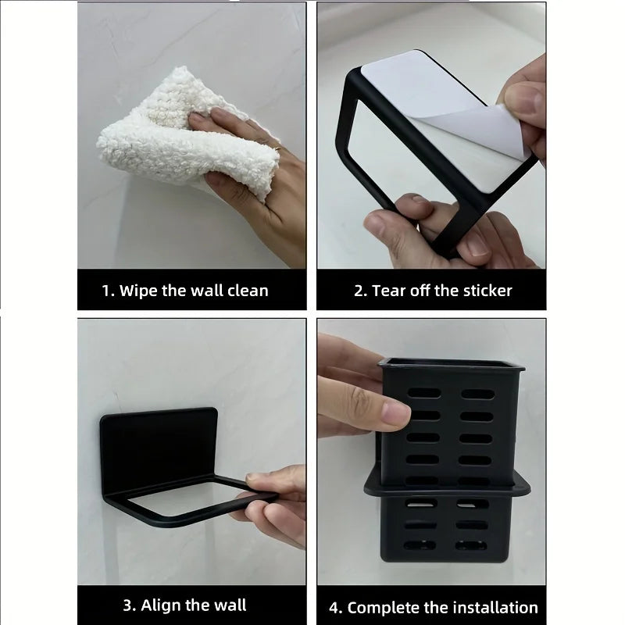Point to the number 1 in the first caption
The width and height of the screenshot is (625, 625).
pos(106,291)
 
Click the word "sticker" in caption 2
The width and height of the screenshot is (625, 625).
pos(484,291)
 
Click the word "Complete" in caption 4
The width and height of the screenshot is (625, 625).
pos(384,607)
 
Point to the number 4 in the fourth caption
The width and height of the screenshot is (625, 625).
pos(333,607)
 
